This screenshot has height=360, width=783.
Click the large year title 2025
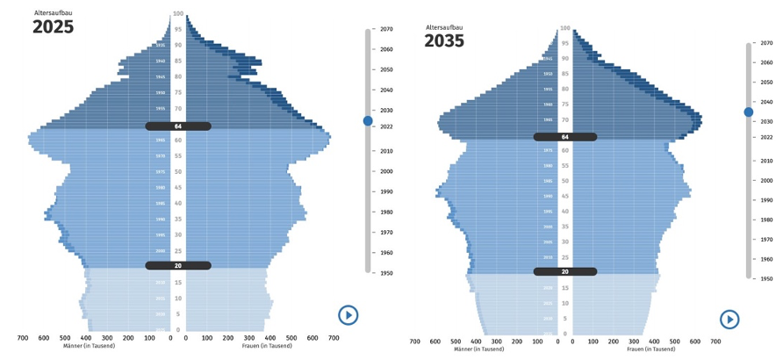(53, 27)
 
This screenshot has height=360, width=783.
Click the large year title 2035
(444, 41)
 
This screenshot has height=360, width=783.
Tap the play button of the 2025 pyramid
(348, 315)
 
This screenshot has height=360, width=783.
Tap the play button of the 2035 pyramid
(729, 320)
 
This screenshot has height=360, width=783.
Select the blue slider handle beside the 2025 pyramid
(368, 120)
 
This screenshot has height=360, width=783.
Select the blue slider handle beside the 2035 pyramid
(748, 112)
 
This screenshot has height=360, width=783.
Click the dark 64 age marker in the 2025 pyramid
(178, 126)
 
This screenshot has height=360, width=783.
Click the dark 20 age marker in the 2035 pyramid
(565, 271)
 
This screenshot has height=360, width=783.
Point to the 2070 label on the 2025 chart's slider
(386, 29)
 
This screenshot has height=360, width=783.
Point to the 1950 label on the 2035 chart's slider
(766, 278)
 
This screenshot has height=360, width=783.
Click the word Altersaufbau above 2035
(444, 27)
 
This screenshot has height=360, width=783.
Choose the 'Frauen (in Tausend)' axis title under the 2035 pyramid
(650, 349)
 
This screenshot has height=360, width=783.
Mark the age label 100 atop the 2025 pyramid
(178, 13)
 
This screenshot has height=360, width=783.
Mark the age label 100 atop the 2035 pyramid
(565, 28)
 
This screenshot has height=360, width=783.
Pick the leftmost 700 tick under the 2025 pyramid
(23, 337)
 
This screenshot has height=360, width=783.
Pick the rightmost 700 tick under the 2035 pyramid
(715, 342)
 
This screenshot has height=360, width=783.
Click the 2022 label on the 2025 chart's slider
(386, 127)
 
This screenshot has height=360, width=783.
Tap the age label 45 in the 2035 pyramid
(565, 196)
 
